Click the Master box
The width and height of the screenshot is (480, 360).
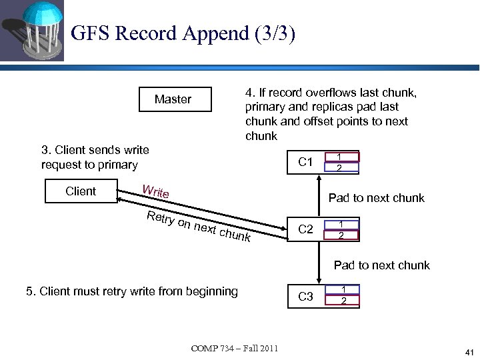click(x=174, y=99)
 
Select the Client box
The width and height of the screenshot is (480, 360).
click(x=81, y=191)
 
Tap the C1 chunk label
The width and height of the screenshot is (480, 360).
click(x=306, y=162)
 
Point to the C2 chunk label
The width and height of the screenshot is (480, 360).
click(x=306, y=229)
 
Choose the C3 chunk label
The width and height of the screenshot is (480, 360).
click(x=306, y=297)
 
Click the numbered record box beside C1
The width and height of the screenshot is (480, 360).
click(x=341, y=162)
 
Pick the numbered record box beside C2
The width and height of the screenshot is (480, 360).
click(x=341, y=229)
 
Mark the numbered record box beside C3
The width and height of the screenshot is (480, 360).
click(x=341, y=295)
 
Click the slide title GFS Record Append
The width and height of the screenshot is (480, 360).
click(x=182, y=33)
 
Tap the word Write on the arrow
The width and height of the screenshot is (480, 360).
click(x=156, y=192)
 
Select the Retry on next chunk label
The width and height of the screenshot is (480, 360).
click(x=199, y=226)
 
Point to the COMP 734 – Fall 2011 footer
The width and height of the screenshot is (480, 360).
click(x=235, y=349)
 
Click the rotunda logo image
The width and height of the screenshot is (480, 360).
click(x=31, y=31)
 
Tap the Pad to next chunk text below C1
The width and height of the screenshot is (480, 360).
click(x=376, y=198)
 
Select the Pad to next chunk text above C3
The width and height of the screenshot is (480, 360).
click(x=381, y=265)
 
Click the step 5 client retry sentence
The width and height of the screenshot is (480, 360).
click(x=131, y=291)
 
